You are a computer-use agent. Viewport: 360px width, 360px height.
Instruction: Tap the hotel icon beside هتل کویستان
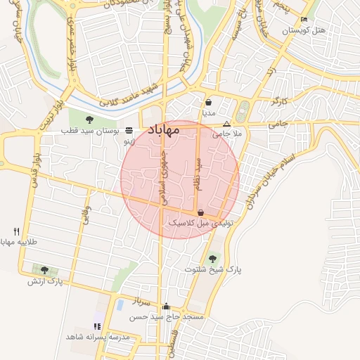[x=304, y=19]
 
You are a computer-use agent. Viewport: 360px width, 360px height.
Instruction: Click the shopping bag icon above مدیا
[x=209, y=101]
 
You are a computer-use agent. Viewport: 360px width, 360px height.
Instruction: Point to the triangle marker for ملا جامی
[x=226, y=122]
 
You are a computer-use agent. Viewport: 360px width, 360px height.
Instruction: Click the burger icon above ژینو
[x=129, y=131]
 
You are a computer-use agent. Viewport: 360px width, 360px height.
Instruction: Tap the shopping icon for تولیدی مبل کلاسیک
[x=201, y=212]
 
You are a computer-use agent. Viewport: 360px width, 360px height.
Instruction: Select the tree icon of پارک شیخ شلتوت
[x=213, y=259]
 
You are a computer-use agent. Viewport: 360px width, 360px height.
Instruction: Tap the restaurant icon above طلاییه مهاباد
[x=16, y=231]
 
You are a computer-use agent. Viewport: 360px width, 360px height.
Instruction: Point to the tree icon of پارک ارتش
[x=45, y=270]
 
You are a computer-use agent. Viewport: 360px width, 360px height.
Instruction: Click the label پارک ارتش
[x=45, y=281]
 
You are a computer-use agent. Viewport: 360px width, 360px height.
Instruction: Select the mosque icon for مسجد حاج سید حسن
[x=166, y=307]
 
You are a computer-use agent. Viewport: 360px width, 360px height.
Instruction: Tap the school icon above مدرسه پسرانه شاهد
[x=97, y=326]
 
